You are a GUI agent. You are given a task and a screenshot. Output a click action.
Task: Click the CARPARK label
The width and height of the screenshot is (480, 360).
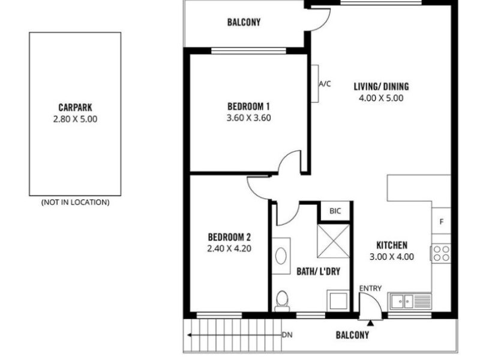[75, 107]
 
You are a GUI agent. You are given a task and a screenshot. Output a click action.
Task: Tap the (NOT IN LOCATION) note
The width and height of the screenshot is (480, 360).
[76, 202]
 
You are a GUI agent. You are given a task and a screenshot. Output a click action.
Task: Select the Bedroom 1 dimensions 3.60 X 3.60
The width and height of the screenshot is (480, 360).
[248, 118]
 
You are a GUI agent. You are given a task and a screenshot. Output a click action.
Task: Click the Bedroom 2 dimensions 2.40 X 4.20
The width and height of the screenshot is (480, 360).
[229, 248]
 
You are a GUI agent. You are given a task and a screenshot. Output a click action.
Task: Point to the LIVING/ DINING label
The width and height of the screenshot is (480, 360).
[381, 86]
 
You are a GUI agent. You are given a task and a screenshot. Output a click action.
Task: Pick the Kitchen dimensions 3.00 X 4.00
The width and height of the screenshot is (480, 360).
[392, 257]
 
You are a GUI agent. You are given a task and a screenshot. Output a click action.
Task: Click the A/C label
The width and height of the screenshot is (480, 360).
[325, 83]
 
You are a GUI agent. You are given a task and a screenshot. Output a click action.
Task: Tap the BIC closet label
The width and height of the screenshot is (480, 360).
[335, 211]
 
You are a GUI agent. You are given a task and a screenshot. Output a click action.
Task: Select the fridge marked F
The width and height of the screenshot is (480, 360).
[441, 221]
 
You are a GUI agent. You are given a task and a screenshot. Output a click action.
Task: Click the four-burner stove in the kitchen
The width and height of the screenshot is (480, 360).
[441, 253]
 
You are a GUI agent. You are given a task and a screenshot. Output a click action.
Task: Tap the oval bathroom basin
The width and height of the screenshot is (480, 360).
[281, 256]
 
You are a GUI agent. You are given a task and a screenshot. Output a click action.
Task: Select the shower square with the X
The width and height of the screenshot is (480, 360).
[334, 241]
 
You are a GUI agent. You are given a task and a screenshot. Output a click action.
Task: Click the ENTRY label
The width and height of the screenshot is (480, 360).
[370, 289]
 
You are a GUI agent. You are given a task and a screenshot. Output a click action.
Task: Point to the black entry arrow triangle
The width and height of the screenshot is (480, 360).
[370, 323]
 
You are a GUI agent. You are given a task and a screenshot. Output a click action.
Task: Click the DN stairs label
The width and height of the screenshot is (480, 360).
[287, 335]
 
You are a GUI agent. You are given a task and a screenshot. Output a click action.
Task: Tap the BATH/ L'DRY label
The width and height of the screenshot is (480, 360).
[319, 272]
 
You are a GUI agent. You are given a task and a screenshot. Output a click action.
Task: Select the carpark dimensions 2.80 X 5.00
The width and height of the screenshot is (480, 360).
[75, 119]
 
